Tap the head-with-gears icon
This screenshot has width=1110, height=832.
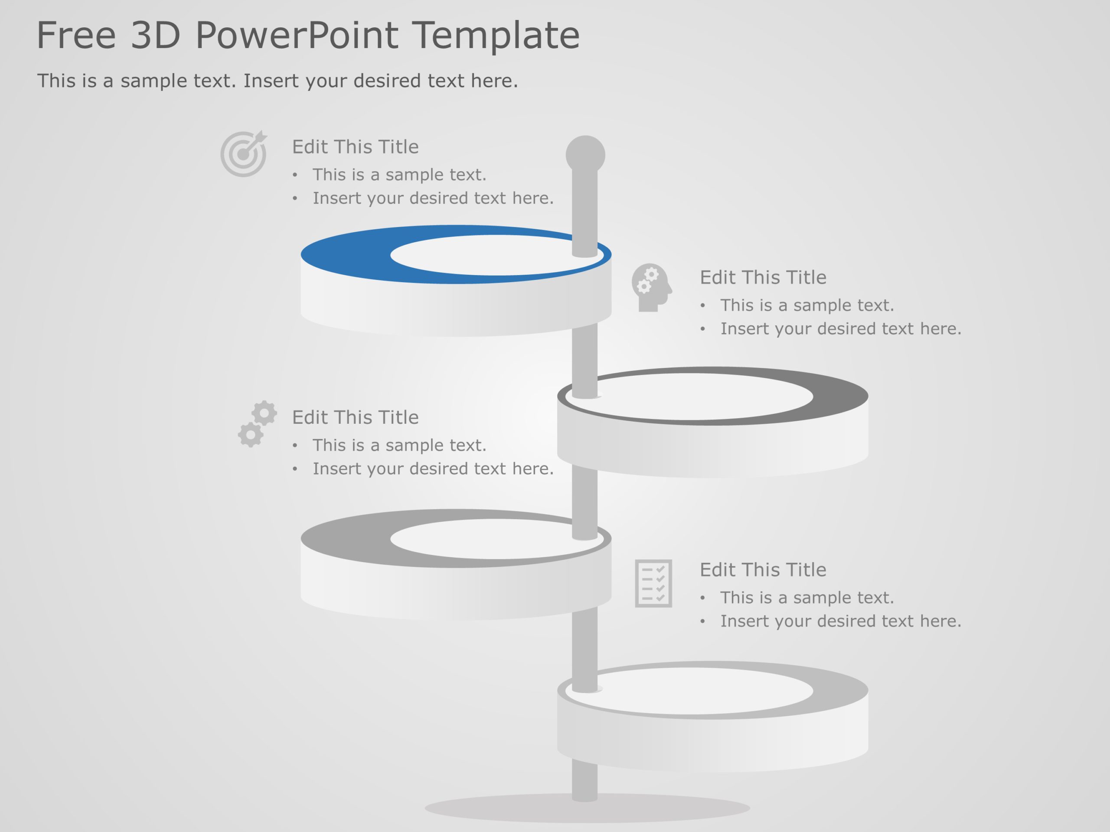click(651, 287)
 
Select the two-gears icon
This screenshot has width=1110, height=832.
click(257, 424)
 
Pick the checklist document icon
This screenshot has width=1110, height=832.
click(653, 583)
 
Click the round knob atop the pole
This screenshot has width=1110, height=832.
click(585, 154)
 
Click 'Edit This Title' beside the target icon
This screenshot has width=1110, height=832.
click(355, 147)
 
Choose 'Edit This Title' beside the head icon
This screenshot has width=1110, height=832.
click(763, 277)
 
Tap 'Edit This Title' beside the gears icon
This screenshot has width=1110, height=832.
click(355, 417)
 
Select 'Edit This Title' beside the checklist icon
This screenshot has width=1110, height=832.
click(763, 570)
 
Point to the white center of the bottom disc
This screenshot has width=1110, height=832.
click(692, 691)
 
